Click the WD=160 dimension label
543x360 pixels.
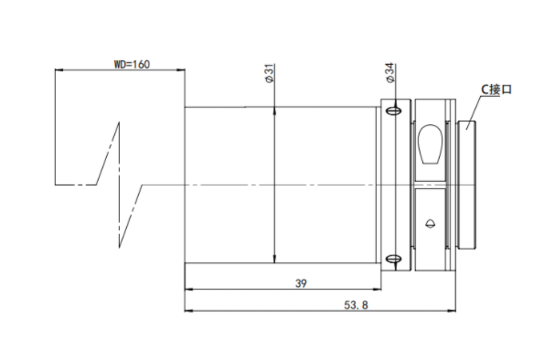tap(132, 64)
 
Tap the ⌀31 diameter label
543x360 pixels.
tap(269, 73)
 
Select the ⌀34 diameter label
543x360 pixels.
tap(389, 73)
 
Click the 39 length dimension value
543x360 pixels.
tap(301, 283)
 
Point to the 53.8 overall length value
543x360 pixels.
tap(356, 305)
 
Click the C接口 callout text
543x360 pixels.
tap(496, 90)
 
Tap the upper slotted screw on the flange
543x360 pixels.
tap(394, 111)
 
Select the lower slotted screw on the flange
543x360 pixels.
tap(394, 259)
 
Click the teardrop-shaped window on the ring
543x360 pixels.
tap(431, 143)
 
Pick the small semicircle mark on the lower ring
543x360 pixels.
tap(431, 224)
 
